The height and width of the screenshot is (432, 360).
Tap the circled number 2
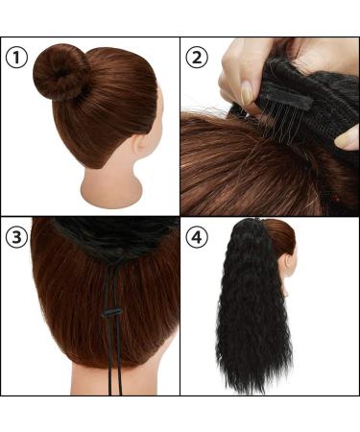[198, 56]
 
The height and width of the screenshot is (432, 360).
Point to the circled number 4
[198, 236]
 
